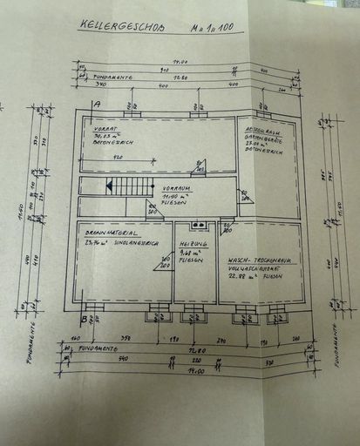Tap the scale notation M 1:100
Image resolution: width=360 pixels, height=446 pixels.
(213, 28)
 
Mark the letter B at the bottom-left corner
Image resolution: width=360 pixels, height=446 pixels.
(84, 318)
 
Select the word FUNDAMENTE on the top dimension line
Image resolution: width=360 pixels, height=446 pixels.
(113, 77)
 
